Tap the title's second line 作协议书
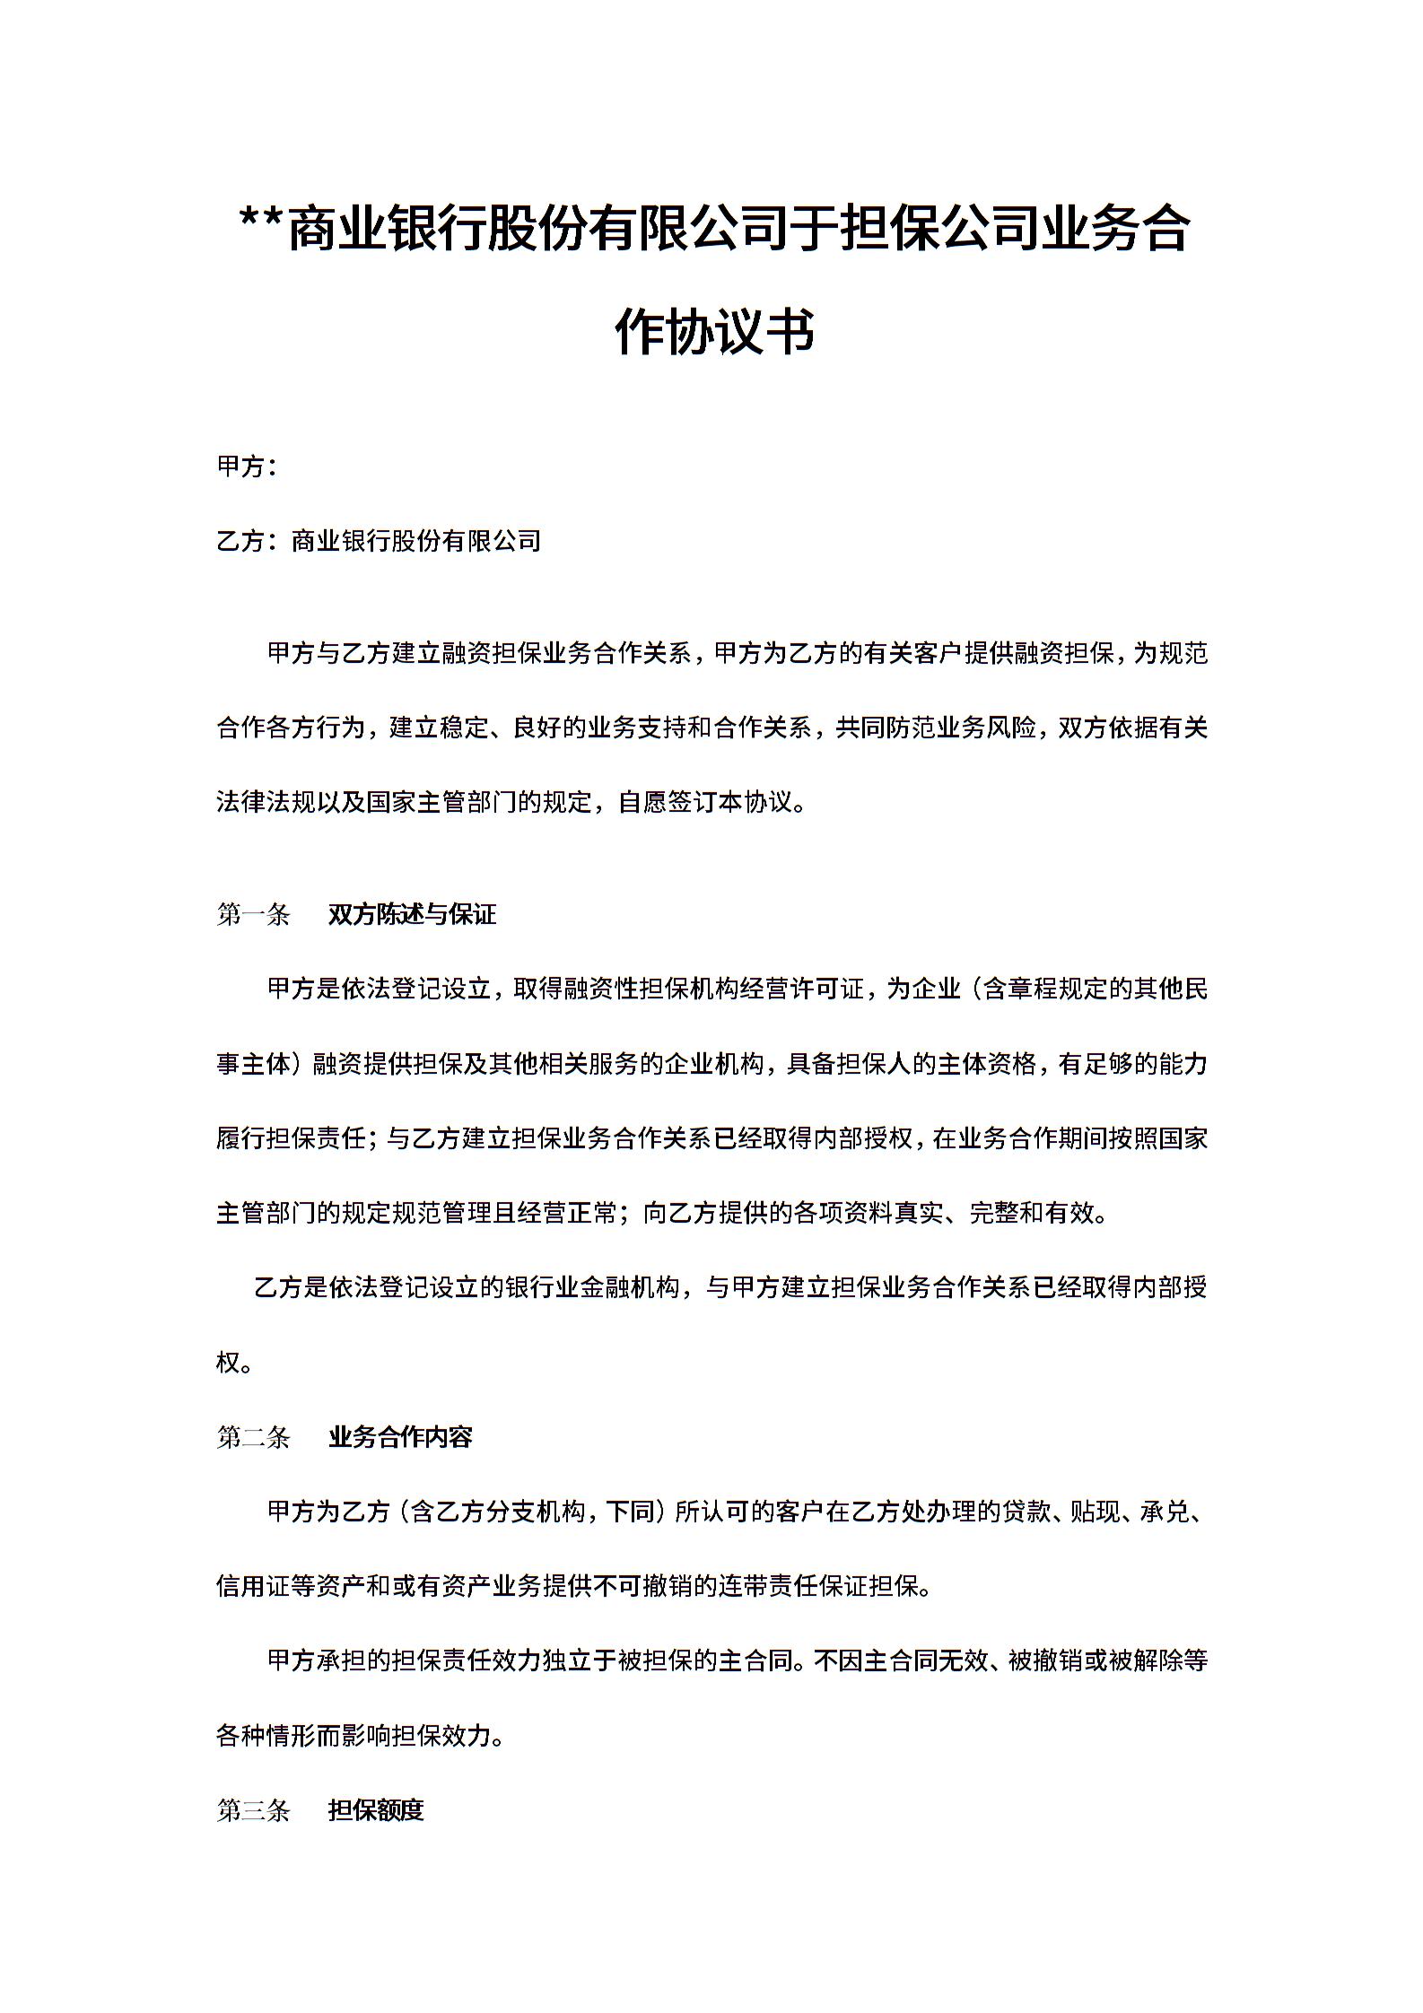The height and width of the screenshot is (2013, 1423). coord(714,330)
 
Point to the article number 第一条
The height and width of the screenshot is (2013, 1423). coord(253,915)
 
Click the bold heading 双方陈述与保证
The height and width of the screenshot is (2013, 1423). coord(412,915)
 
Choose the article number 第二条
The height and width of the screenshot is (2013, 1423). coord(253,1437)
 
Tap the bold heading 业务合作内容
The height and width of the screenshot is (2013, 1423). coord(400,1437)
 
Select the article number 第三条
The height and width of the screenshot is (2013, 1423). coord(253,1810)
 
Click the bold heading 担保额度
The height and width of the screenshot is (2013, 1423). coord(376,1810)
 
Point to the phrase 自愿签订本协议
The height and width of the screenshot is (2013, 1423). coord(705,802)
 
